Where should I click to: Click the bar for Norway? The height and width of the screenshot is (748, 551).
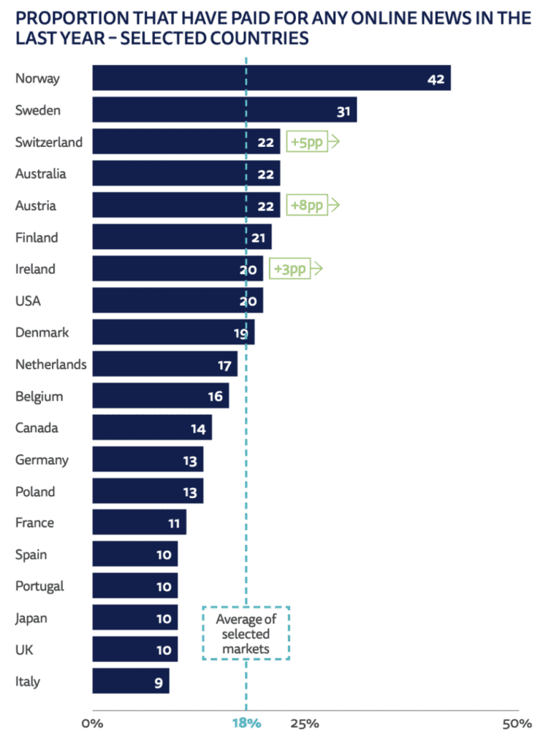tap(270, 78)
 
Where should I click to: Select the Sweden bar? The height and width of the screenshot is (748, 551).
tap(224, 110)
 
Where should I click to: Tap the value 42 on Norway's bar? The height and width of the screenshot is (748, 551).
tap(436, 79)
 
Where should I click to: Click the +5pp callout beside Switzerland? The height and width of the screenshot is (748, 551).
tap(307, 142)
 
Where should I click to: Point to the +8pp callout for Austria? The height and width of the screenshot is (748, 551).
tap(307, 205)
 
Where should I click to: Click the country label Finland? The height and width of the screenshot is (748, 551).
tap(37, 237)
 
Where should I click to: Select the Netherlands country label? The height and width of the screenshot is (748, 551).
tap(50, 364)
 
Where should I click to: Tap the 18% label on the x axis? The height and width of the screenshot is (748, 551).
tap(246, 724)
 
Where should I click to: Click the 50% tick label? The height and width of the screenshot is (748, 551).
tap(517, 724)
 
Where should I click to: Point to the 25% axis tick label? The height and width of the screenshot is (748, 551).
tap(304, 724)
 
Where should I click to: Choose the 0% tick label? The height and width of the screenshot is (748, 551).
tap(92, 724)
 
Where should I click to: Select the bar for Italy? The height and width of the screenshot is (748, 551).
tap(130, 682)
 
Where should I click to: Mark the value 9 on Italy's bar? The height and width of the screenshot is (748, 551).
tap(158, 682)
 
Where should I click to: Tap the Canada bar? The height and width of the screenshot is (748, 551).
tap(151, 428)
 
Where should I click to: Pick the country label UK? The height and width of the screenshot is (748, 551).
tap(24, 649)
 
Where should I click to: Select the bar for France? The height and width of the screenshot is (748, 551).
tap(139, 523)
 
